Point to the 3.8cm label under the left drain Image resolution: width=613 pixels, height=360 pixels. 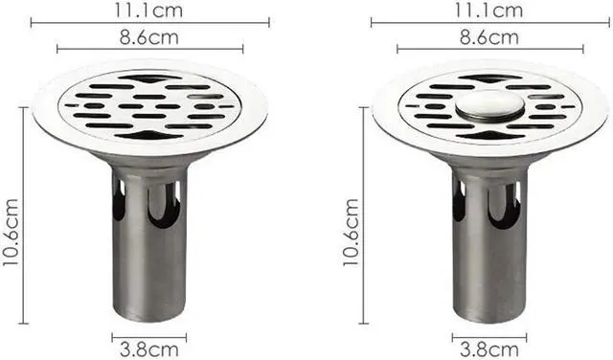pyautogui.click(x=149, y=349)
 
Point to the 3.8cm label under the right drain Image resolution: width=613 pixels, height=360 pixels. pyautogui.click(x=488, y=349)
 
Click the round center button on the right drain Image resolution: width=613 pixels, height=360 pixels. pyautogui.click(x=488, y=104)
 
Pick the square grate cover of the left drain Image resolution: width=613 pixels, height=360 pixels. pyautogui.click(x=150, y=104)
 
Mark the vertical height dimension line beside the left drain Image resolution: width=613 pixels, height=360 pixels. pyautogui.click(x=23, y=215)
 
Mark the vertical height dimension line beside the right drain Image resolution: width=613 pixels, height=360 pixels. pyautogui.click(x=363, y=215)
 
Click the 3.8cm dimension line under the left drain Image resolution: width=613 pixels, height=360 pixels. pyautogui.click(x=149, y=336)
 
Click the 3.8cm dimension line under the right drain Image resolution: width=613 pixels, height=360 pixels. pyautogui.click(x=488, y=336)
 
